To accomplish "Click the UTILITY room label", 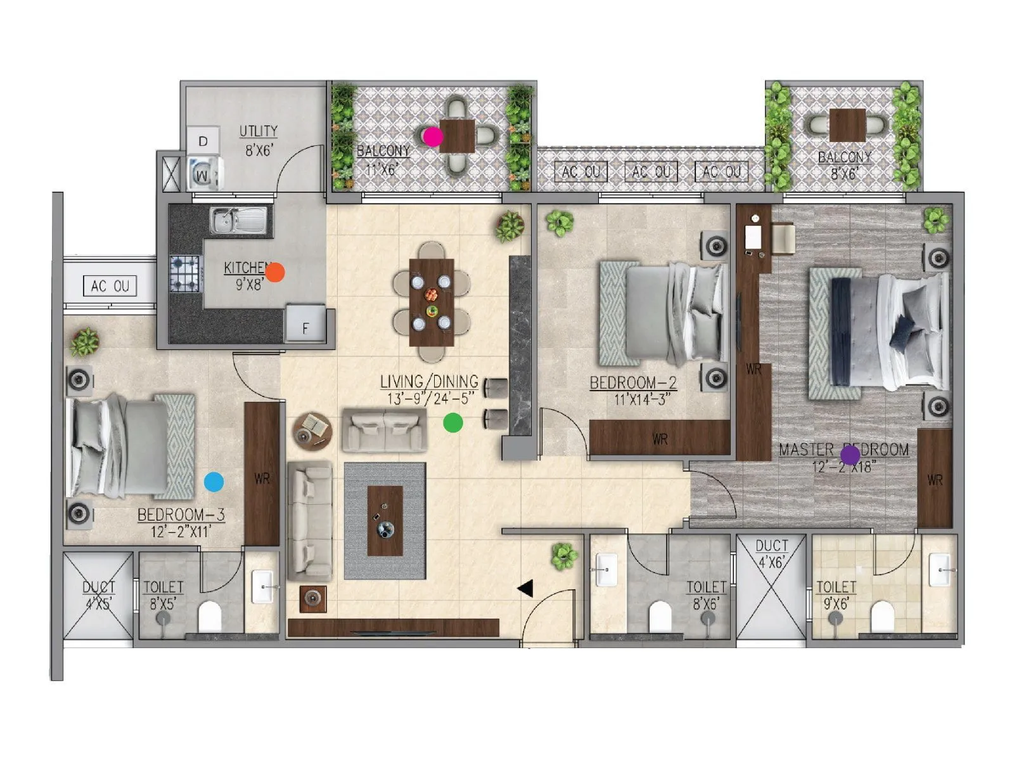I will click(x=259, y=131).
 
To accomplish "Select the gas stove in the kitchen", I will click(x=185, y=273).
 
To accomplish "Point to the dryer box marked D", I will click(x=203, y=141).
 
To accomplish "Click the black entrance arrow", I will click(x=525, y=589).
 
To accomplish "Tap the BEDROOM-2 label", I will click(x=633, y=383).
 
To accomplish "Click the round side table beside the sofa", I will click(x=312, y=431).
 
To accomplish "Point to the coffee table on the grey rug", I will click(x=385, y=521).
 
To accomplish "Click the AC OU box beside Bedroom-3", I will click(x=110, y=286).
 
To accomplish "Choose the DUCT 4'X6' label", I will click(x=771, y=546).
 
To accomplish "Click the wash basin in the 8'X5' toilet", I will click(x=264, y=587).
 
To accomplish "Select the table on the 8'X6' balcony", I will click(x=847, y=125).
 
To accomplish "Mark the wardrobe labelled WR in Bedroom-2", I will click(x=660, y=438).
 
